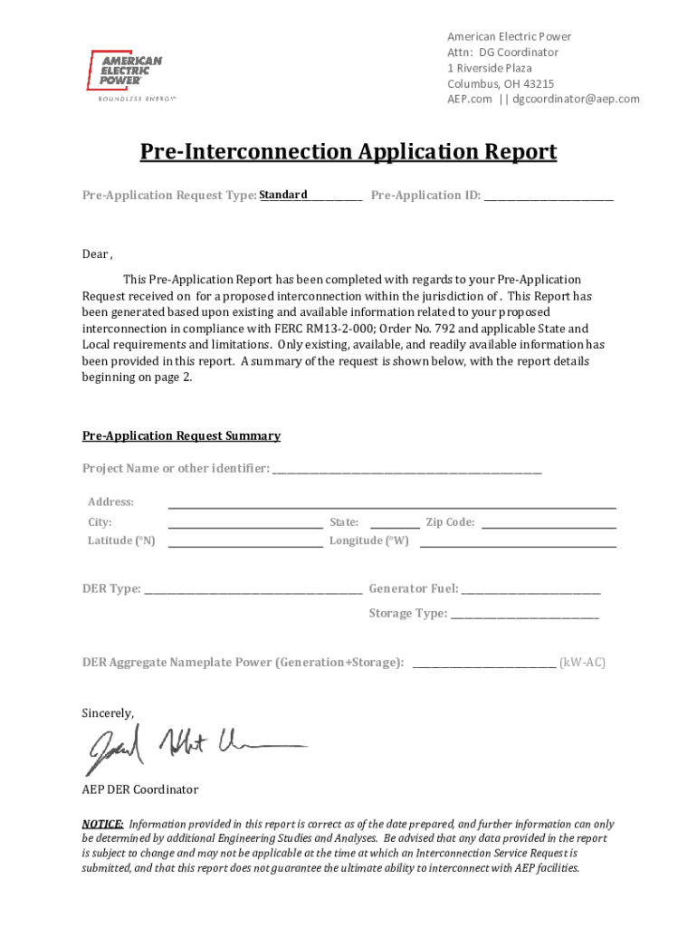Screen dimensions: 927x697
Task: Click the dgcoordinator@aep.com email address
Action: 576,99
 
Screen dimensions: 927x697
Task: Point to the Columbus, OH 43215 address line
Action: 501,83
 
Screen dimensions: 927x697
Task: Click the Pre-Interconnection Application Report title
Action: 348,151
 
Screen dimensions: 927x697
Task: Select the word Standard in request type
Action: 283,195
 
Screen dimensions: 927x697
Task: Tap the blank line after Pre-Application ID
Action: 549,196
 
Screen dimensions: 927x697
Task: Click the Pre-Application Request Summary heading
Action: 181,435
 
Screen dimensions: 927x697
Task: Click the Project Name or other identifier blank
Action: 406,470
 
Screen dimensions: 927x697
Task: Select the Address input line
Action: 392,504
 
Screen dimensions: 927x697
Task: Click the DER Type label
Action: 111,588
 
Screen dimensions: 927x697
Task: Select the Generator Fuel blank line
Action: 530,590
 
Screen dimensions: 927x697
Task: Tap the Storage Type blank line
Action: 525,615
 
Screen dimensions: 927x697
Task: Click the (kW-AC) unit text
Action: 582,663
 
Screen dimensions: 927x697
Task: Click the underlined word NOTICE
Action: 103,824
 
